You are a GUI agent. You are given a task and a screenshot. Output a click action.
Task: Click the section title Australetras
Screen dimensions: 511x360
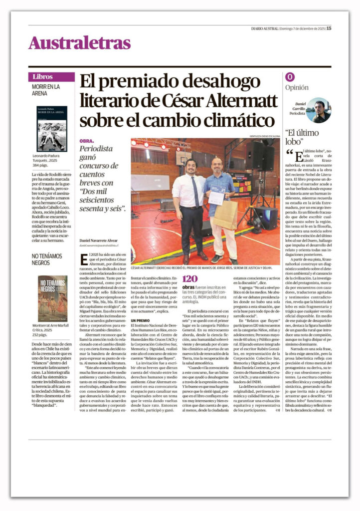79,43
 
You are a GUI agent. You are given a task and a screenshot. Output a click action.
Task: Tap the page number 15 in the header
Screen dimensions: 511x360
329,28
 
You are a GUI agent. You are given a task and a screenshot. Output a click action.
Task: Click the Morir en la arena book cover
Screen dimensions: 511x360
51,128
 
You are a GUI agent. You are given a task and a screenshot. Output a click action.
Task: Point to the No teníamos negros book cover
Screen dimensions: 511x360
52,298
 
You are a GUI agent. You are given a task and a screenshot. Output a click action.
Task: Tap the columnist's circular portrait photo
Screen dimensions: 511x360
318,110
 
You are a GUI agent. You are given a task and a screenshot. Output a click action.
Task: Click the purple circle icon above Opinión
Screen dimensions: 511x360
290,77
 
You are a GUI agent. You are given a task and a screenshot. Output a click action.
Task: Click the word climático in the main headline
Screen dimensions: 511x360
231,121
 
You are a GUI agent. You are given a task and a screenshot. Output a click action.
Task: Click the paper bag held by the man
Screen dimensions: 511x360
225,214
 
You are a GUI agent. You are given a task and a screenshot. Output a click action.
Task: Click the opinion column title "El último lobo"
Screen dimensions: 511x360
301,137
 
